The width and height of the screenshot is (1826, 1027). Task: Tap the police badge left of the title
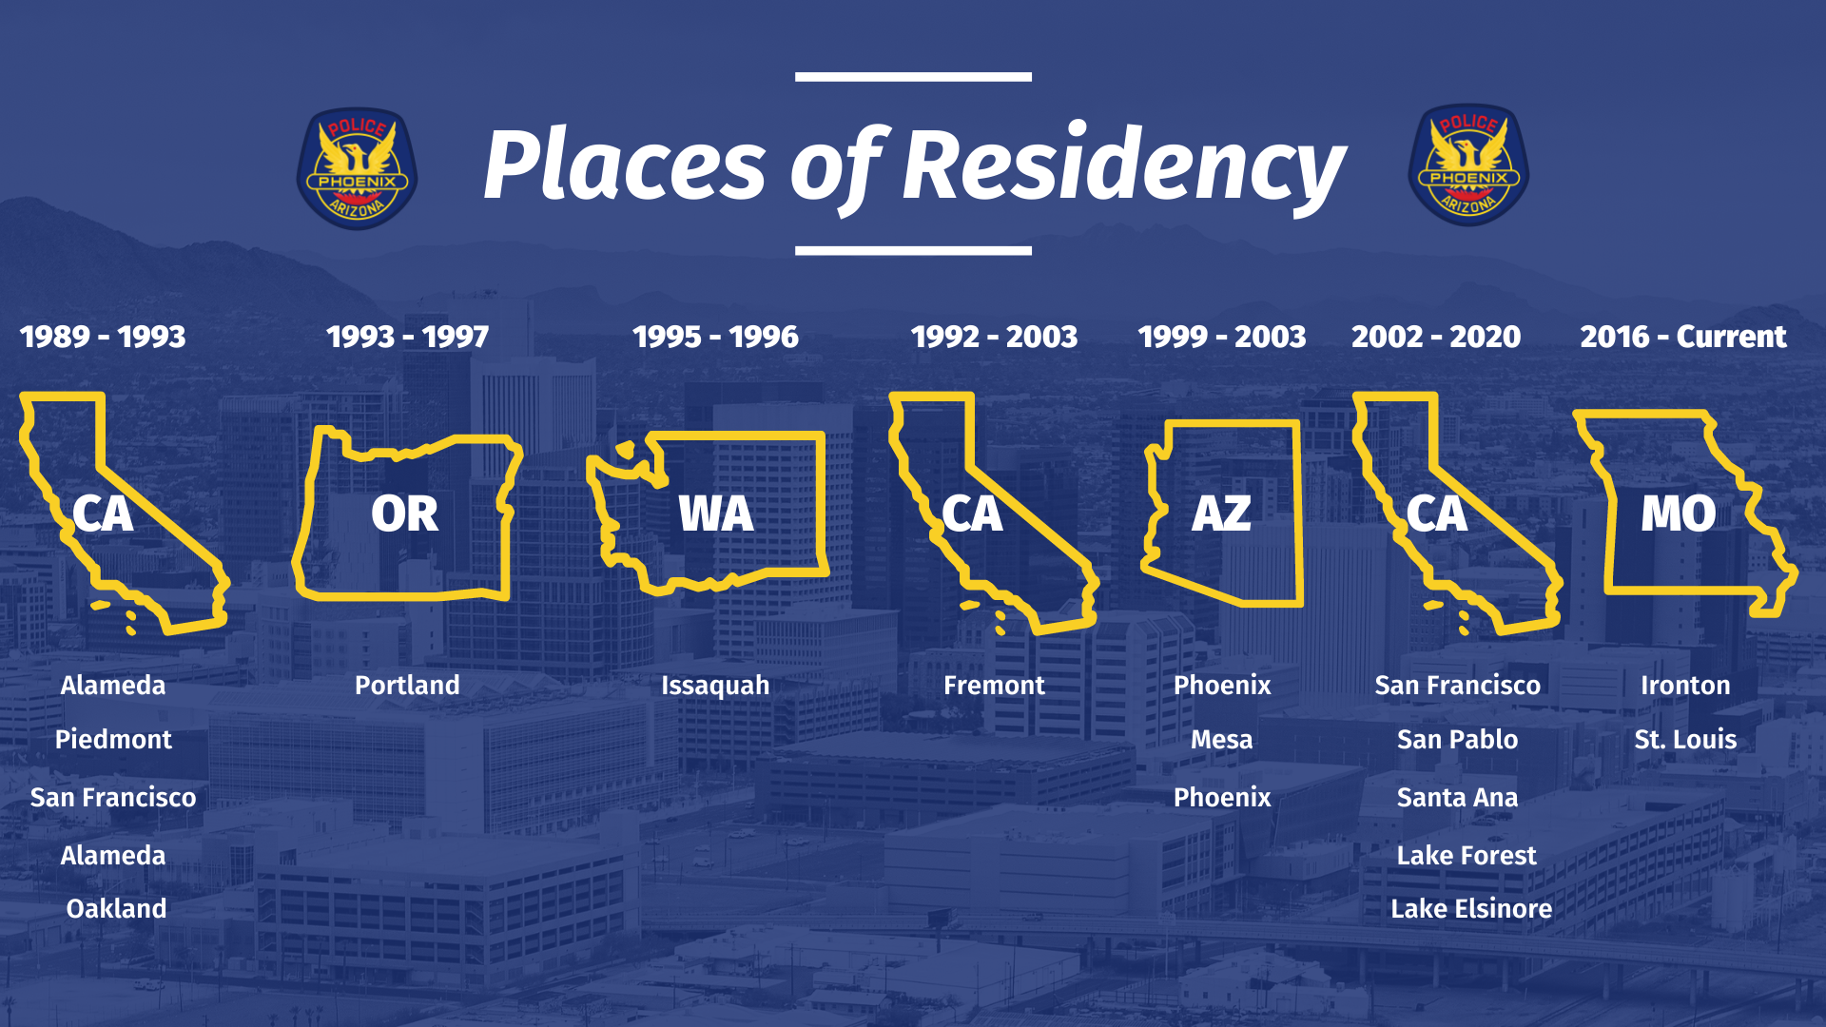pos(357,167)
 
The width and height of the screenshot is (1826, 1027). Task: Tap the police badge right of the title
pos(1468,165)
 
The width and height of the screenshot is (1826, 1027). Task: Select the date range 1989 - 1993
pos(103,337)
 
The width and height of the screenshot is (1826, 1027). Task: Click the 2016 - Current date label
pos(1683,337)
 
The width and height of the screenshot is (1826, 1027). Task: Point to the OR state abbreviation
pos(405,514)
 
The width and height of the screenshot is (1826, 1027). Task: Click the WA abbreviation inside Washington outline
pos(716,514)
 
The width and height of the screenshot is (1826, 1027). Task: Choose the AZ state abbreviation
pos(1222,514)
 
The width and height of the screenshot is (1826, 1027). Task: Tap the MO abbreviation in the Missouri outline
pos(1679,514)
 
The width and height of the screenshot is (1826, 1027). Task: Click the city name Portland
pos(407,686)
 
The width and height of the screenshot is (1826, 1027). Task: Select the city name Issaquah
pos(715,687)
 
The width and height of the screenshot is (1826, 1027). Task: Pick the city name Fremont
pos(994,686)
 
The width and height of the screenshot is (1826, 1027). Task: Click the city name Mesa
pos(1222,740)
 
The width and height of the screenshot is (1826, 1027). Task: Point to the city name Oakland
pos(116,909)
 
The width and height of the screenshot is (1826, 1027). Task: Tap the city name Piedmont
pos(113,740)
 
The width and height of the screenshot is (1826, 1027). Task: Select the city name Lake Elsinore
pos(1471,909)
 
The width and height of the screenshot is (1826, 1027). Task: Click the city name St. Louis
pos(1685,740)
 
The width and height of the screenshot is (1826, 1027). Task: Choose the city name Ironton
pos(1685,686)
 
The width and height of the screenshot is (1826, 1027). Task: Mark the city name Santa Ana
pos(1457,798)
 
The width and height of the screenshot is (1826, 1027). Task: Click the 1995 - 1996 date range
pos(715,337)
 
